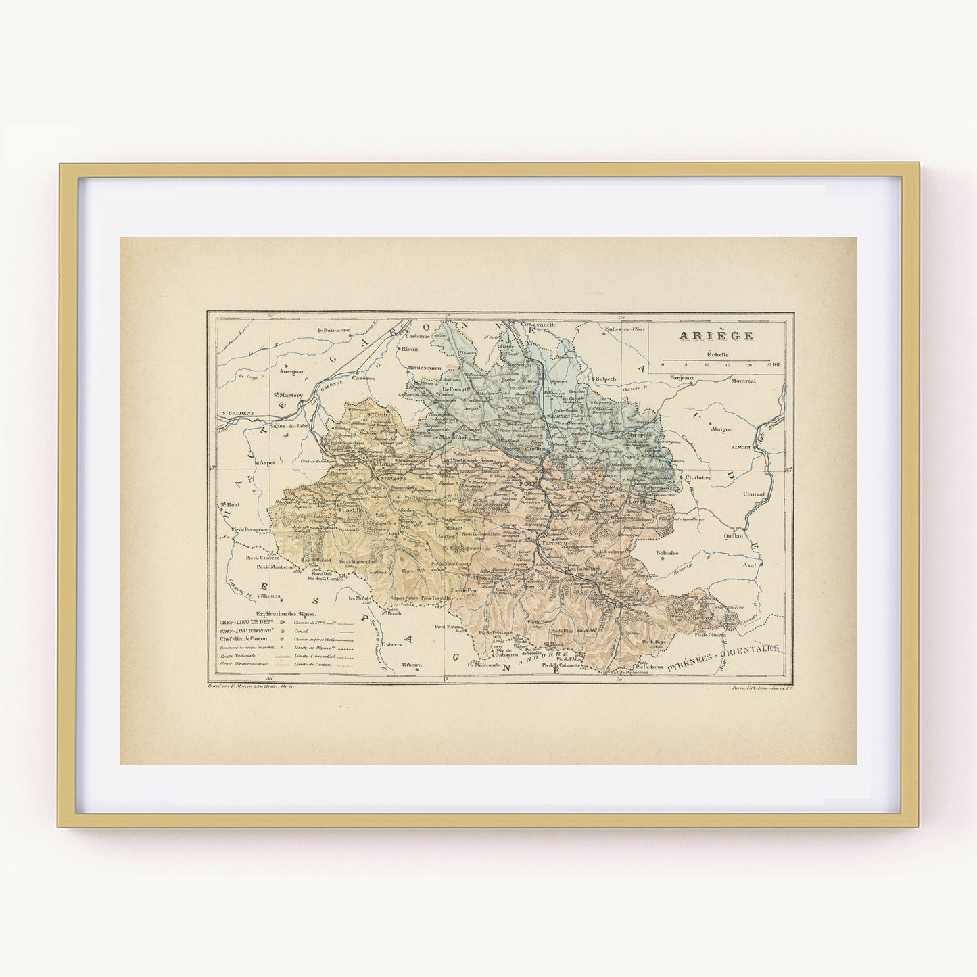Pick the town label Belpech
pyautogui.click(x=605, y=379)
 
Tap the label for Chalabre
pyautogui.click(x=698, y=477)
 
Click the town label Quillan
pyautogui.click(x=733, y=535)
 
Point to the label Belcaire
pyautogui.click(x=667, y=553)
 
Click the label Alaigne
pyautogui.click(x=721, y=429)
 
